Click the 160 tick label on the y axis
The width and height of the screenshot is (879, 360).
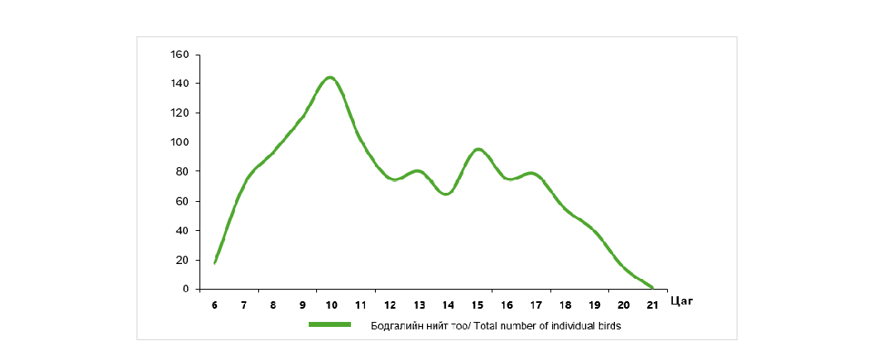[180, 55]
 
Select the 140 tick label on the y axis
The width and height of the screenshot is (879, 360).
[180, 84]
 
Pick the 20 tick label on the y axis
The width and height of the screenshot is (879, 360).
[184, 260]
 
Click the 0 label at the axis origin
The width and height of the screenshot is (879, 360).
[187, 289]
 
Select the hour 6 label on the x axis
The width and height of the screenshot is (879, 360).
[214, 305]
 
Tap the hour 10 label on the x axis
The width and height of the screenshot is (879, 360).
[331, 305]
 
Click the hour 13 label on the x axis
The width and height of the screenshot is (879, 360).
[419, 305]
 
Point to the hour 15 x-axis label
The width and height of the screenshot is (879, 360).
[477, 305]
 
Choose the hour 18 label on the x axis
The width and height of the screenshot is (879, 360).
[564, 305]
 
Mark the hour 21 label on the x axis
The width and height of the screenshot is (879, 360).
[652, 305]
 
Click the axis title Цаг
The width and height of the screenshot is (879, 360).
[681, 301]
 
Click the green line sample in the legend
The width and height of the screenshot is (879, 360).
[329, 325]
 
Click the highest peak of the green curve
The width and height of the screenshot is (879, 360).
[329, 78]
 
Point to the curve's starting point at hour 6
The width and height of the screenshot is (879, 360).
[215, 262]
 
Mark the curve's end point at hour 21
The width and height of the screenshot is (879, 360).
[652, 287]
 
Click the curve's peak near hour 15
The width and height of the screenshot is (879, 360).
[478, 149]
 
